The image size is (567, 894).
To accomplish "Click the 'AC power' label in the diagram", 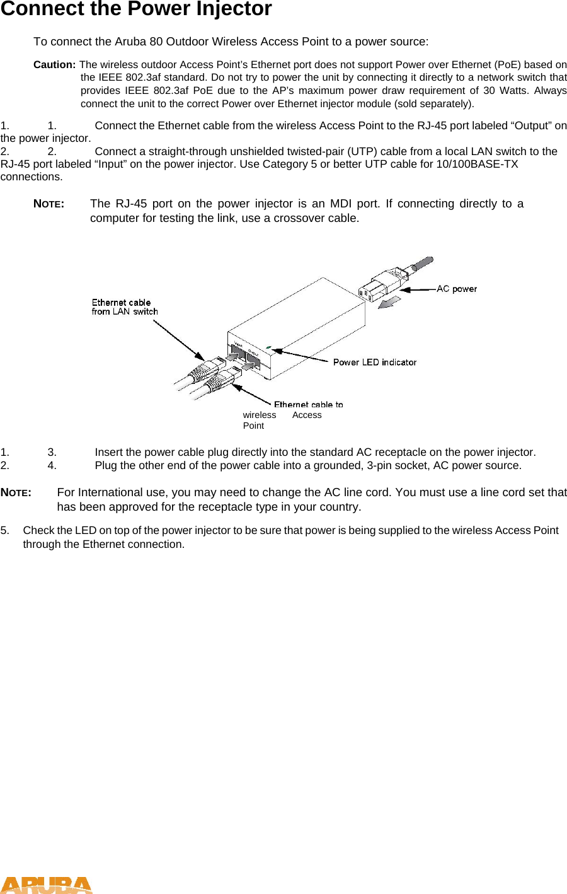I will pos(457,289).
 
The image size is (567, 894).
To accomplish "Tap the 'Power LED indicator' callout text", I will pos(374,362).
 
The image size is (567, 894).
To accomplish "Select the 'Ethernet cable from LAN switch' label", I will pos(124,307).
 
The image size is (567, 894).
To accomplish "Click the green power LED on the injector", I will pos(269,347).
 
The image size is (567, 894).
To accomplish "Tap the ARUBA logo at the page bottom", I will pos(46,885).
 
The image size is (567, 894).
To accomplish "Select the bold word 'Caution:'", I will pos(55,65).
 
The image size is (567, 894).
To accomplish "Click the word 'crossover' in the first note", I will pos(299,218).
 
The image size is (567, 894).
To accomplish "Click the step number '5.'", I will pos(5,530).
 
